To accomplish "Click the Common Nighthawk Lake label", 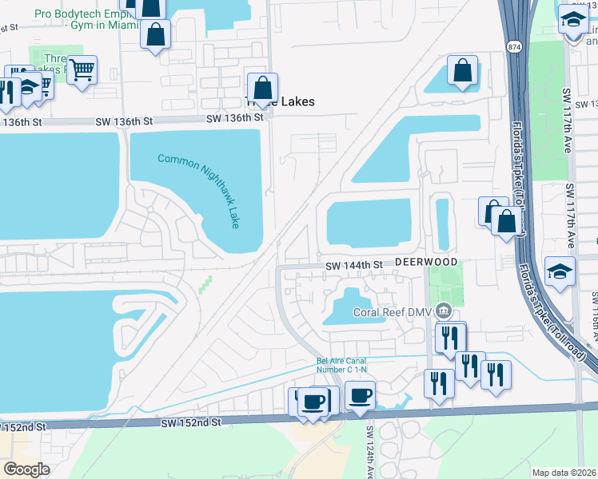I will pyautogui.click(x=198, y=192).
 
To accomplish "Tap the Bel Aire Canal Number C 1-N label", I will pyautogui.click(x=342, y=366).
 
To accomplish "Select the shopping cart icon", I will pyautogui.click(x=82, y=70).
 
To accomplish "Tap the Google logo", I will pyautogui.click(x=26, y=469).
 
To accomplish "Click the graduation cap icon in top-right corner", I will pyautogui.click(x=572, y=21).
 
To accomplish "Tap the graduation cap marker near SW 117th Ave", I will pyautogui.click(x=560, y=271).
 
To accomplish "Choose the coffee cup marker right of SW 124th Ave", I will pyautogui.click(x=361, y=395).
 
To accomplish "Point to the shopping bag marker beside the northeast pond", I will pyautogui.click(x=463, y=70).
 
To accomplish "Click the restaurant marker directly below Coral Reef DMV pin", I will pyautogui.click(x=449, y=338).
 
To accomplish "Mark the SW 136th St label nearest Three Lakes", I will pyautogui.click(x=234, y=118).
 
